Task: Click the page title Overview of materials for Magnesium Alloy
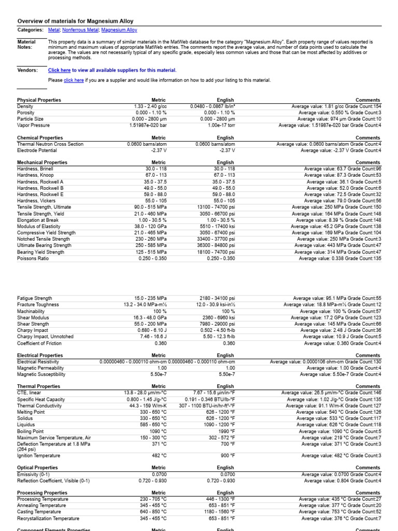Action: tap(75, 21)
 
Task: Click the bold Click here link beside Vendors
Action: tap(60, 71)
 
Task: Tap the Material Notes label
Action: tap(26, 45)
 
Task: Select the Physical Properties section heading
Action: tap(39, 100)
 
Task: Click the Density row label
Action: tap(25, 106)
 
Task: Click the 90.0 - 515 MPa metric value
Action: tap(149, 207)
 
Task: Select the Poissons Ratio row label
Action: tap(34, 258)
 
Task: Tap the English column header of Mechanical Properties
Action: tap(225, 162)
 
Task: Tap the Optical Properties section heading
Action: tap(37, 468)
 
